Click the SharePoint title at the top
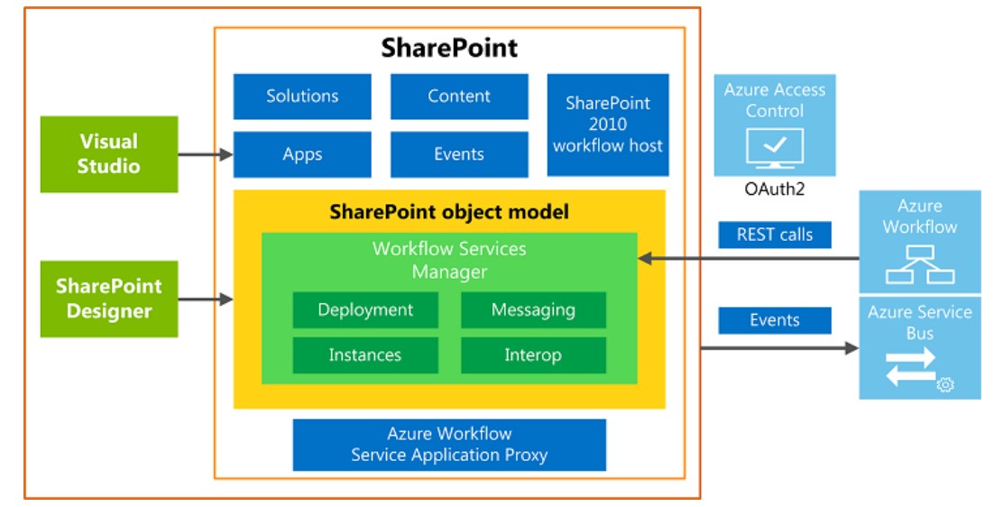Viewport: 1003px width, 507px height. coord(449,48)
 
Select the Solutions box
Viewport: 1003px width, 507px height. coord(302,97)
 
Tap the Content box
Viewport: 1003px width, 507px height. coord(459,97)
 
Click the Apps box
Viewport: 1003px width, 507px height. coord(302,154)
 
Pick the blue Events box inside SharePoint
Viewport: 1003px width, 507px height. coord(459,154)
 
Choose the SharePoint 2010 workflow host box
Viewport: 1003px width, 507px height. coord(608,124)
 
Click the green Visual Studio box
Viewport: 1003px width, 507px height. coord(109,154)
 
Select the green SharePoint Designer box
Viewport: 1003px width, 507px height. coord(109,299)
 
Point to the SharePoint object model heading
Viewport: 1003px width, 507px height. coord(449,212)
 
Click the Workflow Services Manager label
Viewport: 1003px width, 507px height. coord(449,259)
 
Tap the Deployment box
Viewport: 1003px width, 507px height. coord(365,310)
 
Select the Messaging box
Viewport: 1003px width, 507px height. coord(533,310)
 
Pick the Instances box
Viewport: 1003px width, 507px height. coord(365,355)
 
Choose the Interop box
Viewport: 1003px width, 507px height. coord(533,355)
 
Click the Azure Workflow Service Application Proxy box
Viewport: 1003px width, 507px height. coord(449,445)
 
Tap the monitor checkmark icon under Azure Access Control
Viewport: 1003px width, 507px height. coord(774,147)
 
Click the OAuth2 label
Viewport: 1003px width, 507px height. coord(774,189)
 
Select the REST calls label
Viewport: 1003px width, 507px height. coord(775,235)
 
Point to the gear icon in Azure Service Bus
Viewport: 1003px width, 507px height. coord(945,385)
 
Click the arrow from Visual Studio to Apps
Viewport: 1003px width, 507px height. coord(206,155)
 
